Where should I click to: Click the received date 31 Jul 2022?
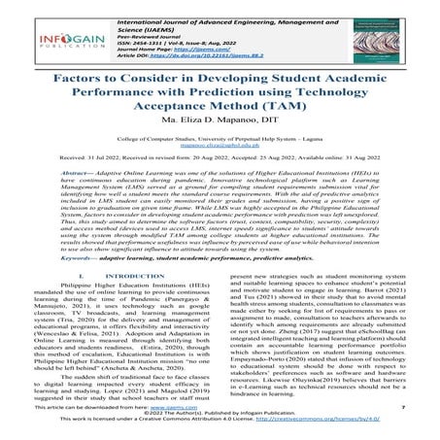tap(103, 182)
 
